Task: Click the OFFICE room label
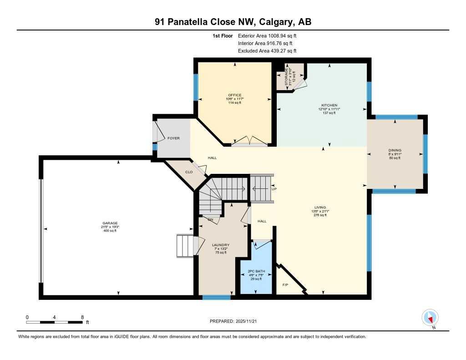(235, 95)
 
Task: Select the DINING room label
(395, 150)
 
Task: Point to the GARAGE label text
(109, 223)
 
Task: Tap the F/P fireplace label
(285, 285)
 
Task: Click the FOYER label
(173, 138)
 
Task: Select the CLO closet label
(189, 172)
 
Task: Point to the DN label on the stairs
(210, 219)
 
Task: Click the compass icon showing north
(430, 317)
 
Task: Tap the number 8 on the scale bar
(82, 317)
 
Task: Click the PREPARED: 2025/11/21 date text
(236, 321)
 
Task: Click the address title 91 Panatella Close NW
(233, 22)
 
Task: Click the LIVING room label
(323, 207)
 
